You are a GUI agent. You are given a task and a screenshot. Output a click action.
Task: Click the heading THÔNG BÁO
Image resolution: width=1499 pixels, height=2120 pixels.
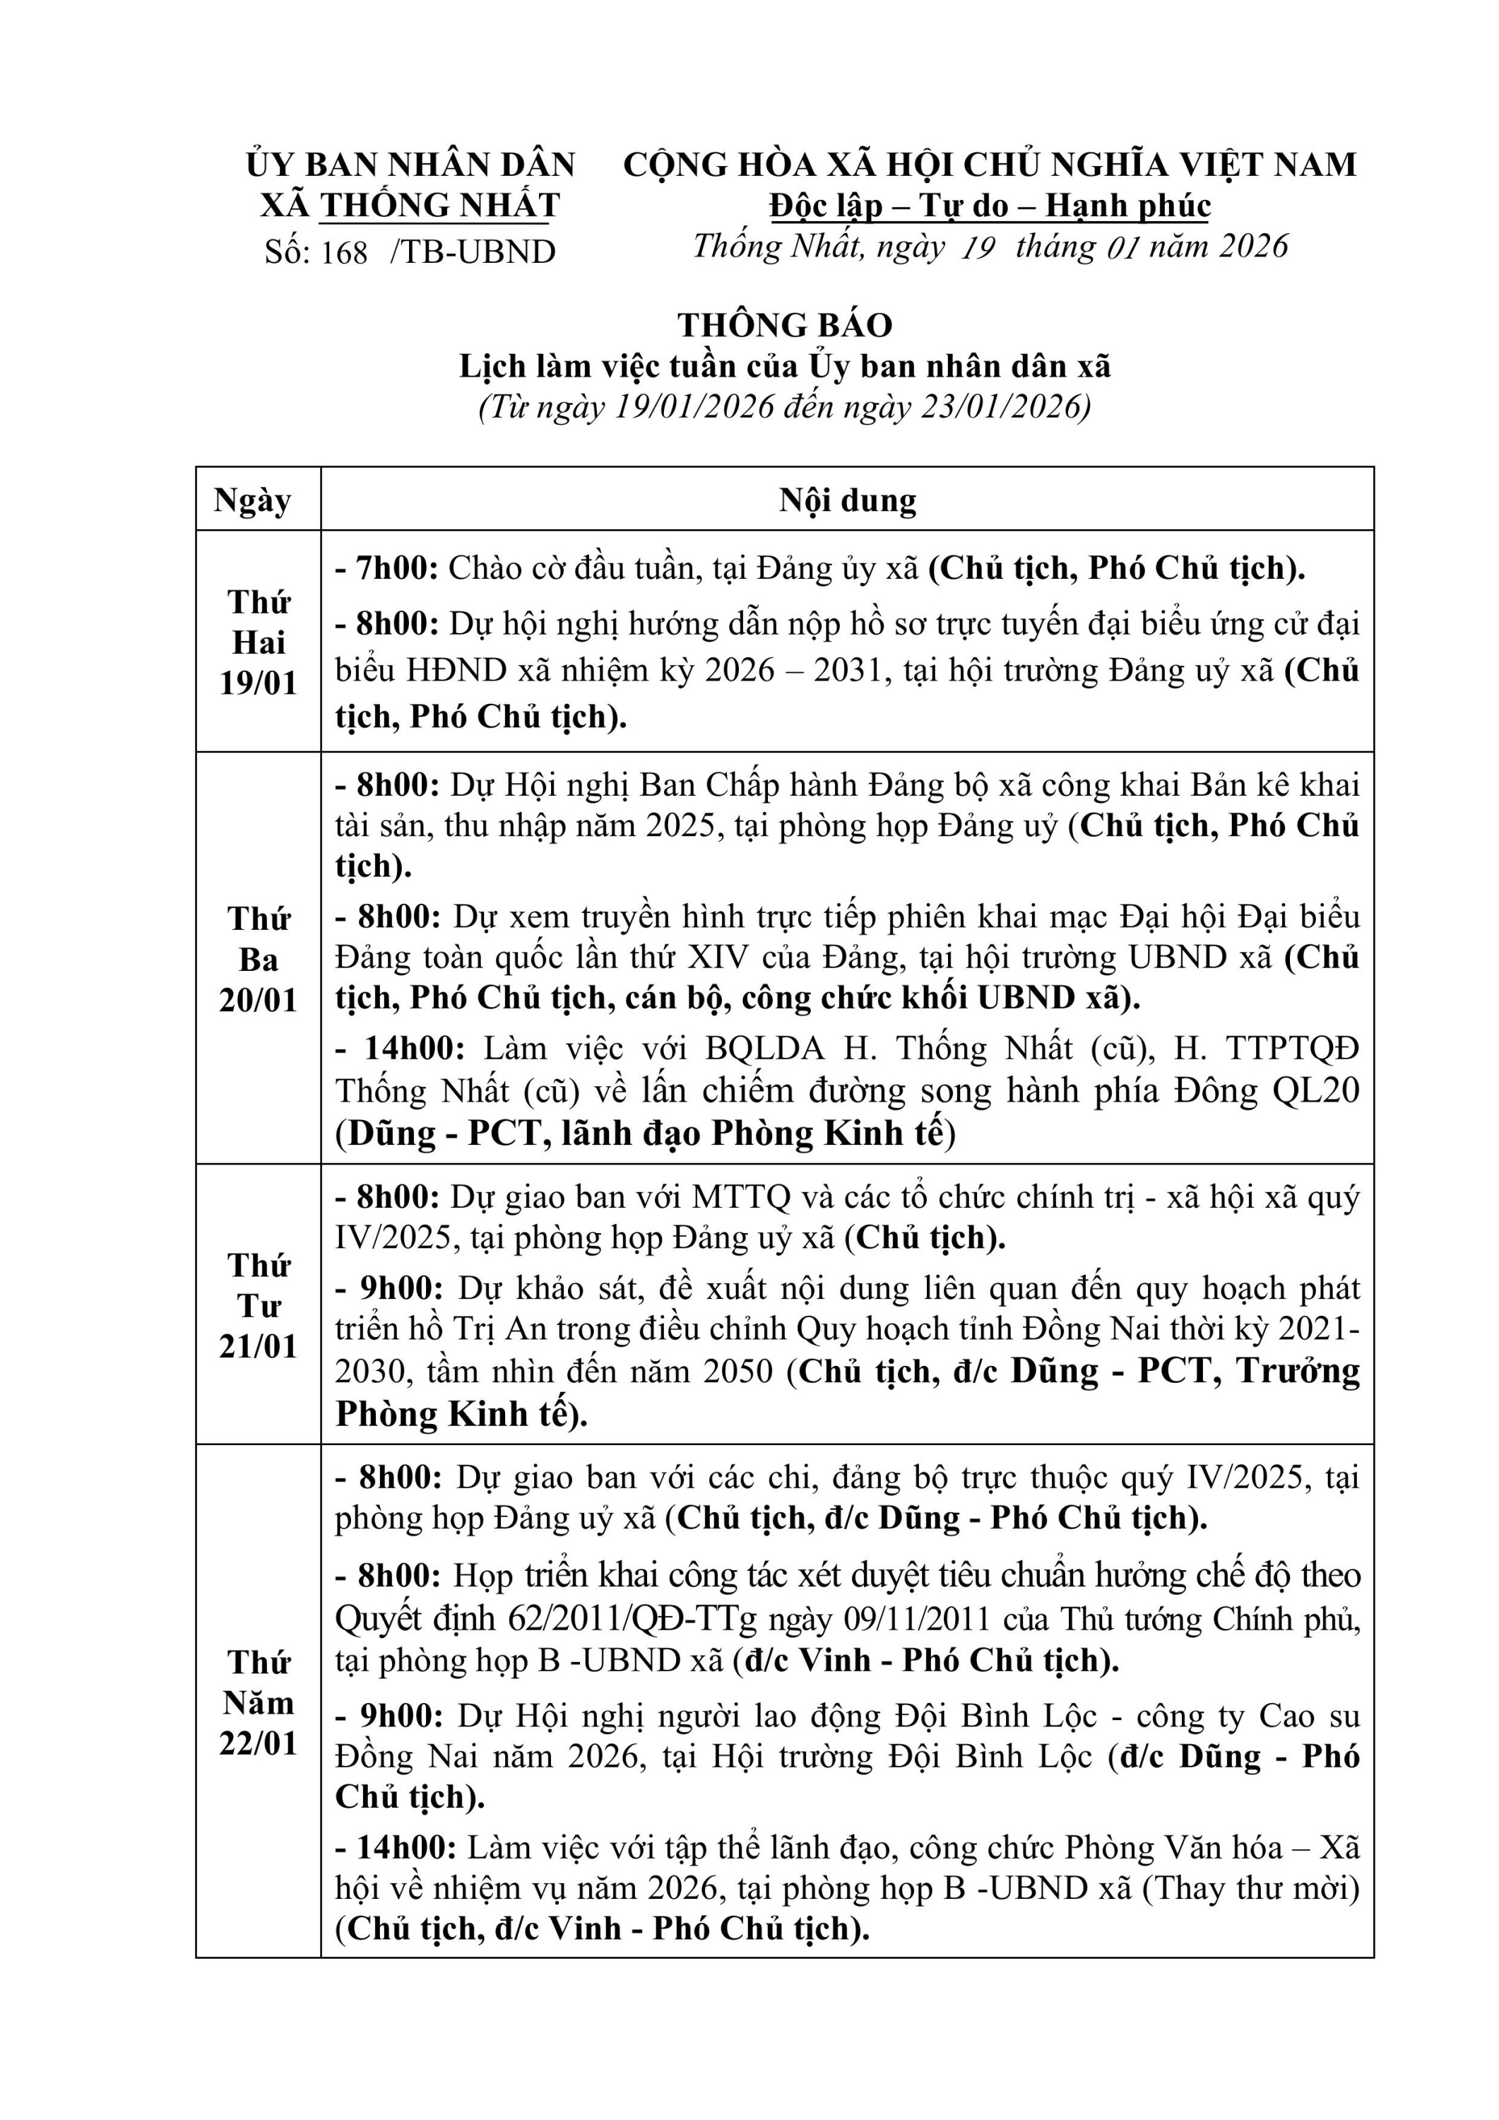(785, 325)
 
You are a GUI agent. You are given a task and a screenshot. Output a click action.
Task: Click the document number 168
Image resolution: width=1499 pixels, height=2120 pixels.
(344, 252)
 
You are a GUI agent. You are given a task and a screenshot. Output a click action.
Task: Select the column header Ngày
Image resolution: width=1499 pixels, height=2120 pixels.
(253, 500)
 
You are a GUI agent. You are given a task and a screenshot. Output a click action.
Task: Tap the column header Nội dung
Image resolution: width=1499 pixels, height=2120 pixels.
(848, 500)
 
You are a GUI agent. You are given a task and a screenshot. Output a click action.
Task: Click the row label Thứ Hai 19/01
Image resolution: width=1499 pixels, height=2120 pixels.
(259, 642)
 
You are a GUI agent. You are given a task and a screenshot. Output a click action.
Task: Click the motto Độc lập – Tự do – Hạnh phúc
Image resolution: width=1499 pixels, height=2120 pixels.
(990, 205)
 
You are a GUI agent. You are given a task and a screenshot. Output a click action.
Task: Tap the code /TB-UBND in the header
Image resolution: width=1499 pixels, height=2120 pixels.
(473, 252)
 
